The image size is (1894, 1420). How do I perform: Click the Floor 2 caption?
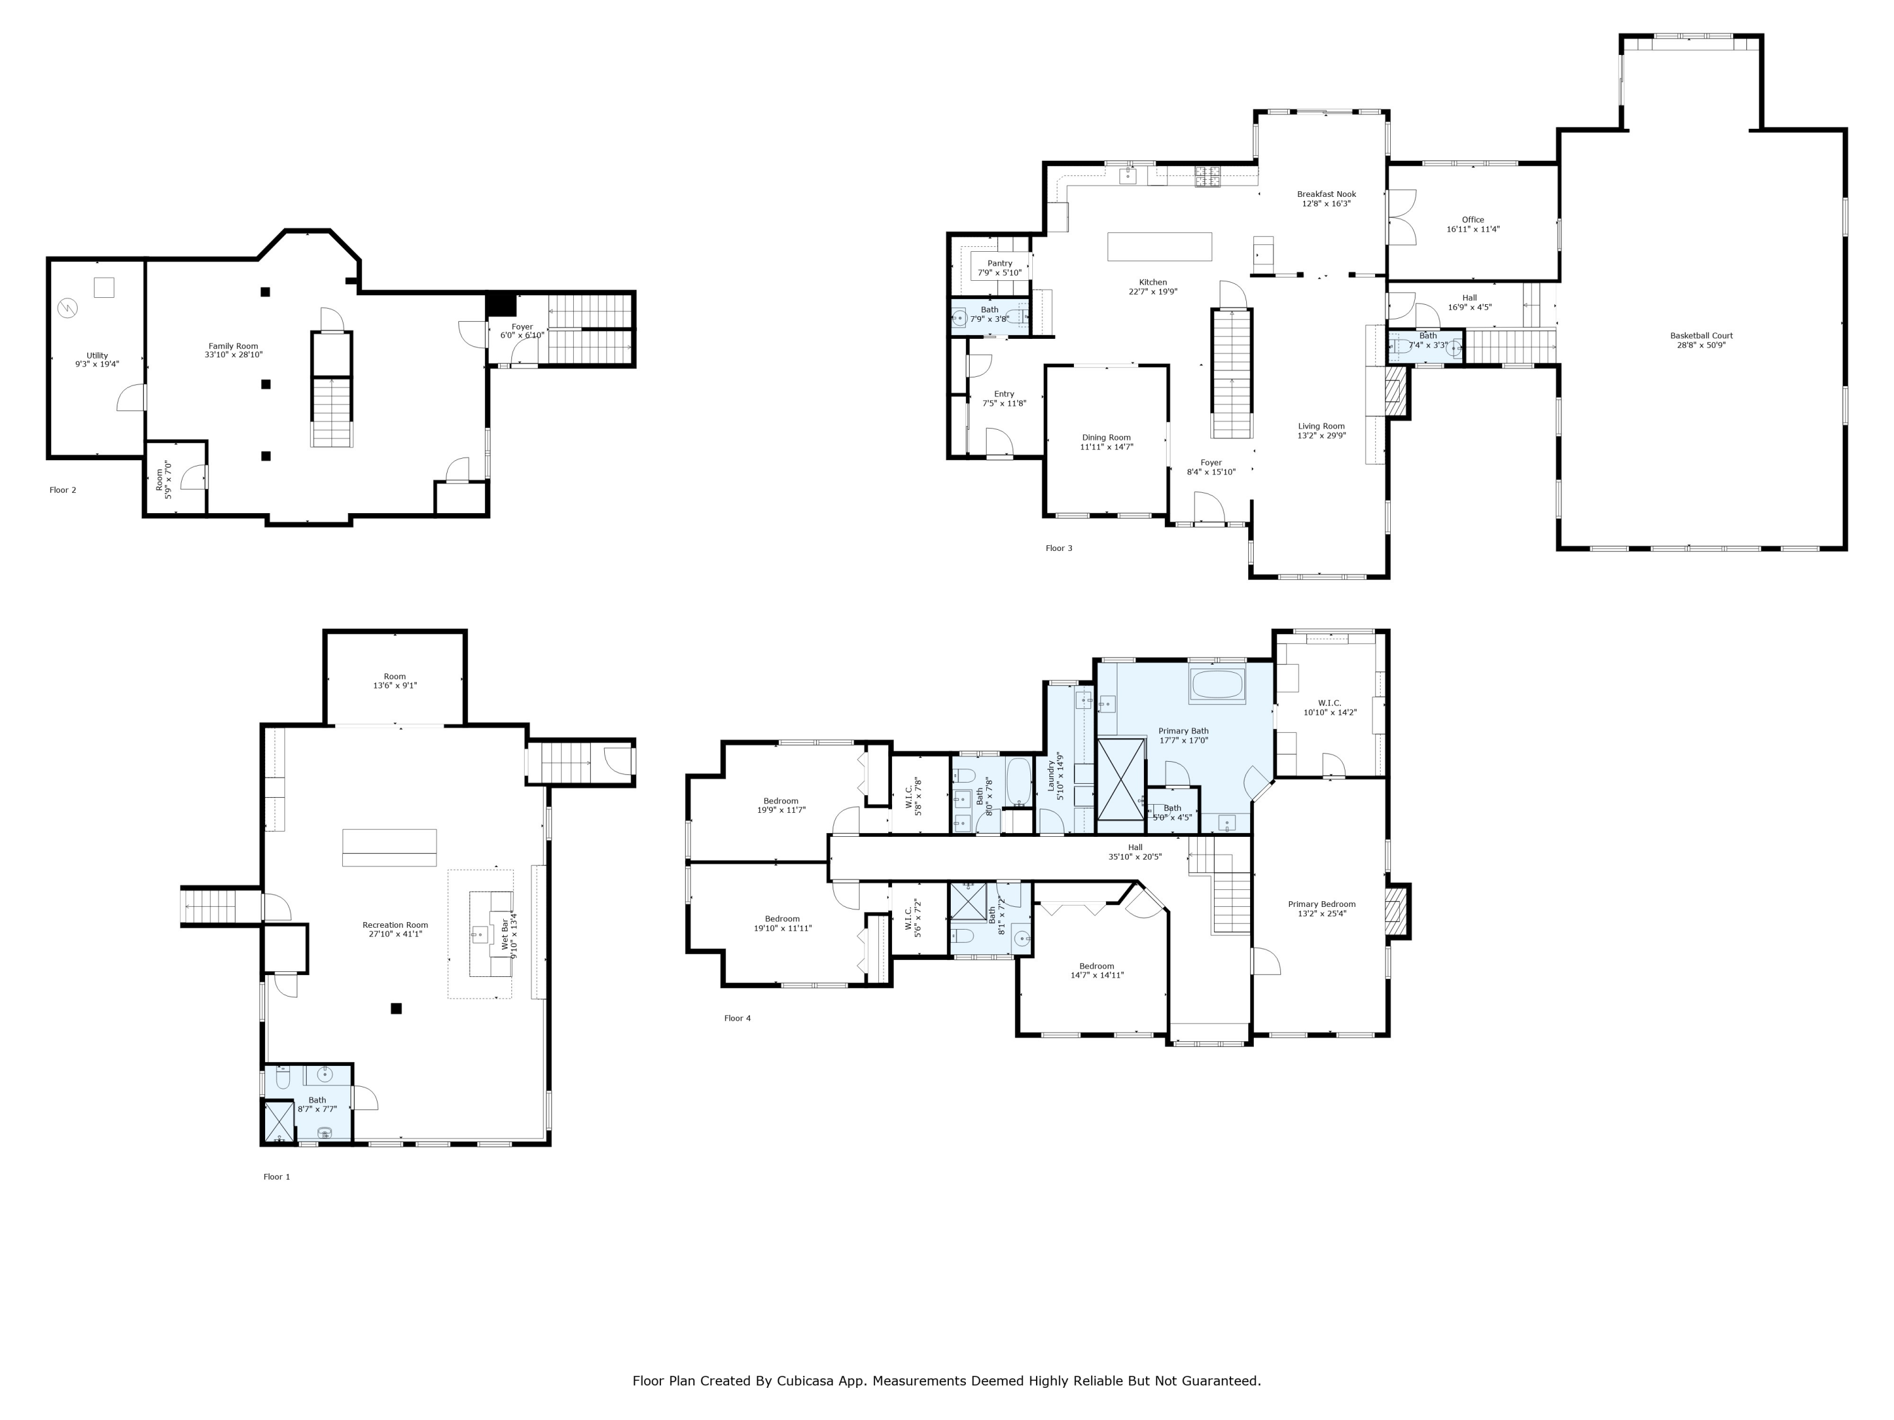click(63, 490)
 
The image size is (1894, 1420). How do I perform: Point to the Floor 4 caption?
click(737, 1018)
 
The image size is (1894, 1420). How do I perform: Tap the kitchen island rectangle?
click(1159, 247)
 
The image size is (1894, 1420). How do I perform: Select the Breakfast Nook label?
click(1326, 194)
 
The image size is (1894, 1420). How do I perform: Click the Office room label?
click(1473, 220)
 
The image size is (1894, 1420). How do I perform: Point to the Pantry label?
click(999, 264)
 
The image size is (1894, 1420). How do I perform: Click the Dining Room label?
click(1106, 437)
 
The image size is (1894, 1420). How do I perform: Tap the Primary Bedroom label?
click(1321, 904)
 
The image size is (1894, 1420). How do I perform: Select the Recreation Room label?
click(395, 925)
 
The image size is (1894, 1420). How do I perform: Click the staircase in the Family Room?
click(331, 411)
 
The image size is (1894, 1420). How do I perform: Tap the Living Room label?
click(1321, 426)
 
